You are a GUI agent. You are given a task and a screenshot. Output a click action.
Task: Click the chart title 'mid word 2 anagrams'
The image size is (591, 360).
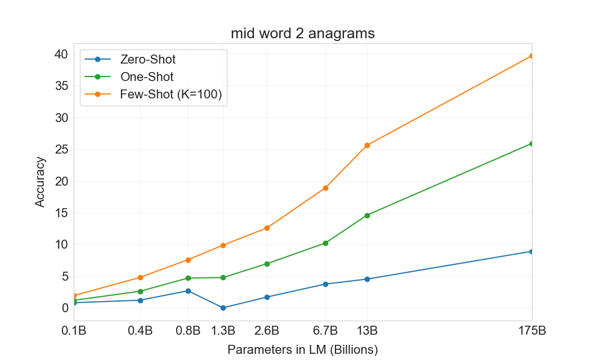tap(302, 34)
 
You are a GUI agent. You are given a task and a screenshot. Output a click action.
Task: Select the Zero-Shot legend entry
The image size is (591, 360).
tap(147, 59)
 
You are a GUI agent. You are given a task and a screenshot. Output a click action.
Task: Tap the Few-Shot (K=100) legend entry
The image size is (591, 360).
tap(171, 95)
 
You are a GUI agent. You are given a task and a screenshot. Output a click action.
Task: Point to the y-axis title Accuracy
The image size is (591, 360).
tap(40, 182)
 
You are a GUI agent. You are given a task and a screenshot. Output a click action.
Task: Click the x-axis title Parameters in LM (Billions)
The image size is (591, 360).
tap(302, 349)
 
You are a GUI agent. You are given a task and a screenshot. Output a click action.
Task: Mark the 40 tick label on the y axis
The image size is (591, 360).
tap(61, 55)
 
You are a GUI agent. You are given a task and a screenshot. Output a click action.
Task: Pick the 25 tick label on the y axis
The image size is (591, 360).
tap(61, 150)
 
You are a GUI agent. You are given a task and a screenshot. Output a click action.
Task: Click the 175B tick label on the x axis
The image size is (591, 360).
tap(531, 331)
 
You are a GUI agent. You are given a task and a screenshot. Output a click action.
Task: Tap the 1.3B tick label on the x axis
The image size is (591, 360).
tap(223, 331)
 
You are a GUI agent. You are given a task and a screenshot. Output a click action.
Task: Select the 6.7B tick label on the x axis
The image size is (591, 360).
tap(325, 331)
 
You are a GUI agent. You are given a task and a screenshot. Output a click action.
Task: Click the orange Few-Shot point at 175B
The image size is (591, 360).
tap(531, 56)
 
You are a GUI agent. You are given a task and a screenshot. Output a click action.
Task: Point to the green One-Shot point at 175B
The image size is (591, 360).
tap(531, 143)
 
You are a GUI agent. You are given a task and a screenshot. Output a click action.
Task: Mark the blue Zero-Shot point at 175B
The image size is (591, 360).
tap(531, 251)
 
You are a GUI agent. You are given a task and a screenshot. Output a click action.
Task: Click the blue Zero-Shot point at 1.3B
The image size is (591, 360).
tap(223, 308)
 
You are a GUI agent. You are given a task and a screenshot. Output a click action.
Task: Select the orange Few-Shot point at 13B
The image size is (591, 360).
tap(367, 145)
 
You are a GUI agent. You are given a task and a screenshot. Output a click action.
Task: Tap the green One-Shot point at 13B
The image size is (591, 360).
tap(367, 215)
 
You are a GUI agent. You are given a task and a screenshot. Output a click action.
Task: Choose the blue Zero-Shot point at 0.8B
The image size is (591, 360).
tap(188, 291)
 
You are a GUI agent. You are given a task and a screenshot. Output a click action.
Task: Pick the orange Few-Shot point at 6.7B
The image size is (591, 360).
tap(325, 188)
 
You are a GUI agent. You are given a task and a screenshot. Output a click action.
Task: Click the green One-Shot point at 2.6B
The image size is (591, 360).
tap(267, 264)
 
